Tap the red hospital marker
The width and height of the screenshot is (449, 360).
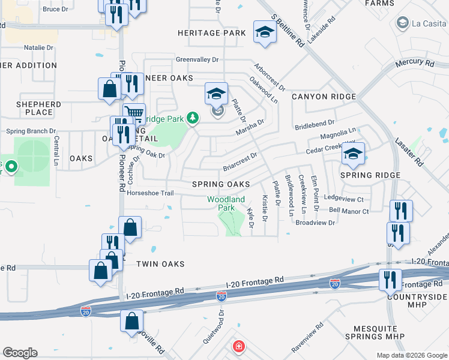pyautogui.click(x=238, y=347)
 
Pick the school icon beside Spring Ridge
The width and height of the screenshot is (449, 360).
pyautogui.click(x=354, y=153)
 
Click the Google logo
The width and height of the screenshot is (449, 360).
pyautogui.click(x=20, y=353)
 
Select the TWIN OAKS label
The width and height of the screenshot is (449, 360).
pyautogui.click(x=160, y=264)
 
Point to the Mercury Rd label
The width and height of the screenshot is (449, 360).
pyautogui.click(x=415, y=63)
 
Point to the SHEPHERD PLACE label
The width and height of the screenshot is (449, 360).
pyautogui.click(x=38, y=108)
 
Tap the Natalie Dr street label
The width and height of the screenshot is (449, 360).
pyautogui.click(x=38, y=47)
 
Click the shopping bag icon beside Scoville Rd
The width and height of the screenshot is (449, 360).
pyautogui.click(x=131, y=321)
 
